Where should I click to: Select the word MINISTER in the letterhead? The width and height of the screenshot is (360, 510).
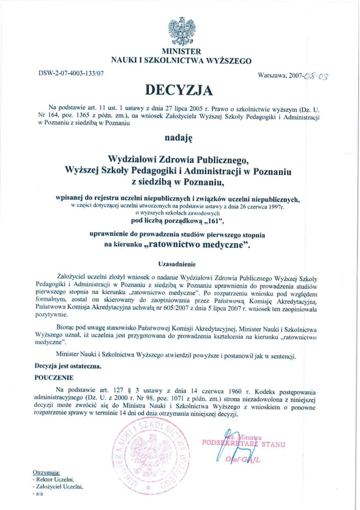point(181,51)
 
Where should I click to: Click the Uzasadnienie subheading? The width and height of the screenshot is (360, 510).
point(176,264)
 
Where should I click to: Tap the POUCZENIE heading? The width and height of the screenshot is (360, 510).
point(54,377)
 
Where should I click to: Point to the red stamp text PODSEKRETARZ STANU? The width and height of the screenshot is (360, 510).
point(243,443)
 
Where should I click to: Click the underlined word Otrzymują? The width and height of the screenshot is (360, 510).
point(46,472)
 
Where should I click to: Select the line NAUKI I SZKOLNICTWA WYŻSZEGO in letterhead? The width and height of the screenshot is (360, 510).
point(181,60)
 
